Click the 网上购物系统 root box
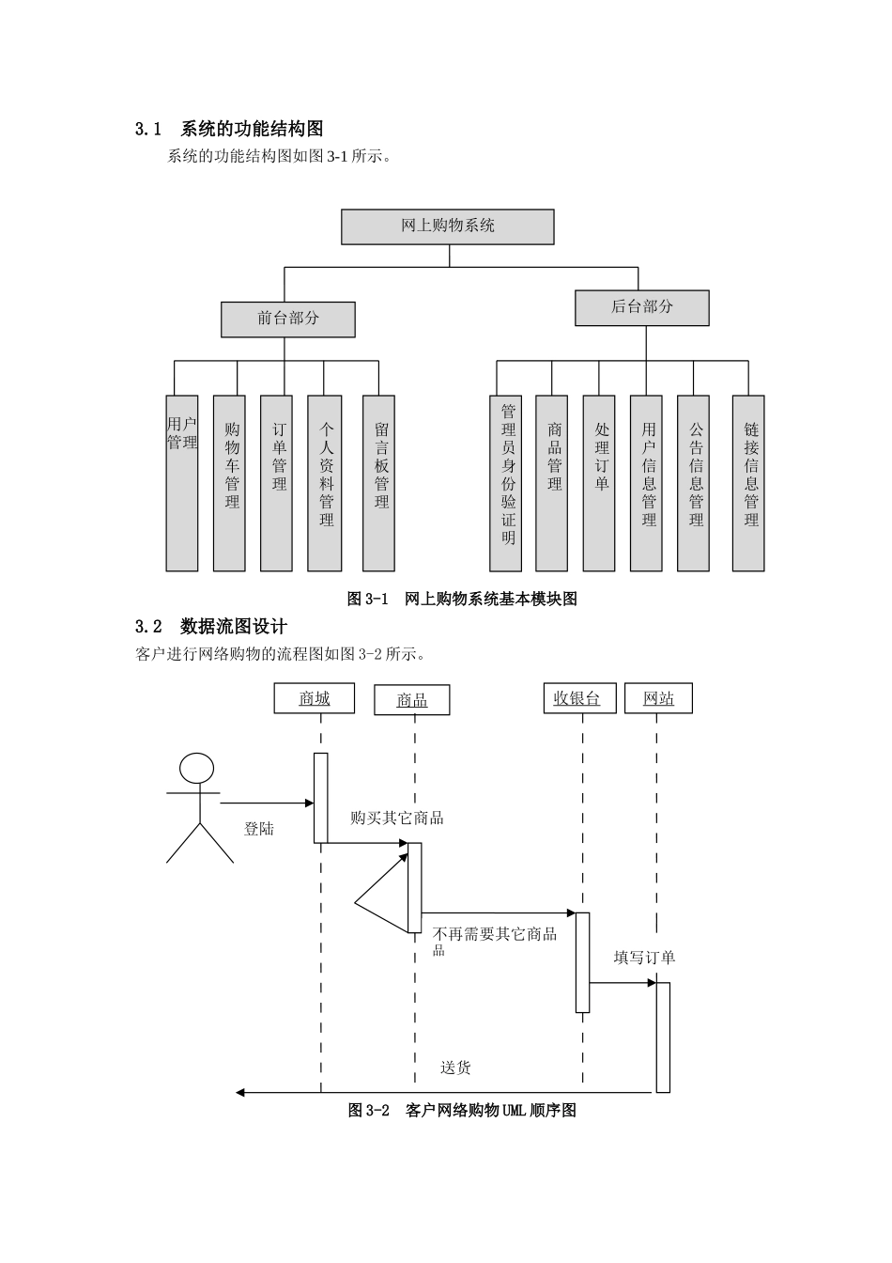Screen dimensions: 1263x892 point(447,226)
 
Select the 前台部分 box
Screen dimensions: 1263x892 point(288,320)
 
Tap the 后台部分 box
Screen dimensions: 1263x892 point(642,307)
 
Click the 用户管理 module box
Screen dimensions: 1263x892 point(182,483)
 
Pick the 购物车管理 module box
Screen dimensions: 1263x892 point(229,483)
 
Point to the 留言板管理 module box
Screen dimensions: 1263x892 point(378,483)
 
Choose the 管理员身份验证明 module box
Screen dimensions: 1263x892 point(506,483)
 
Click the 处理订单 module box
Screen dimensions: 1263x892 point(599,483)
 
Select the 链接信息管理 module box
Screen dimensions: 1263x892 point(748,483)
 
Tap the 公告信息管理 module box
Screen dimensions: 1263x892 point(693,483)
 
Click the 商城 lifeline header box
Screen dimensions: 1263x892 point(315,698)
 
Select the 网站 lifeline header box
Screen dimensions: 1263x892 point(658,698)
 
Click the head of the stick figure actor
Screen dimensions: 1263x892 point(197,768)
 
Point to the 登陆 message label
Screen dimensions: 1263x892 point(259,829)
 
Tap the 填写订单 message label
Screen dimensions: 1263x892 point(644,958)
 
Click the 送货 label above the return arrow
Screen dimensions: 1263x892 point(456,1068)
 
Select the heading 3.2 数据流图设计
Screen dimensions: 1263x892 point(211,627)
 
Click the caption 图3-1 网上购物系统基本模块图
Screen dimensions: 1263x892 point(462,599)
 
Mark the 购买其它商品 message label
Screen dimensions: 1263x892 point(396,818)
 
